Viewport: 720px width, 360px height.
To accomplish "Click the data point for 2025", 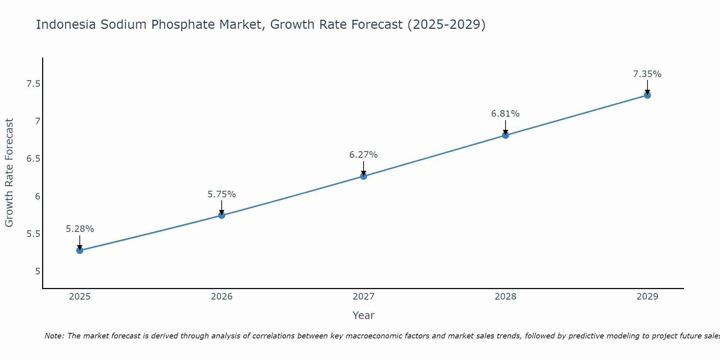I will [80, 250].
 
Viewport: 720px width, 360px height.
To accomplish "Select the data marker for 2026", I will [222, 215].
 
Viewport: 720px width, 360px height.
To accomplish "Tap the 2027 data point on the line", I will [364, 176].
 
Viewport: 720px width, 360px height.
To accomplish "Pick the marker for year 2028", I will [505, 135].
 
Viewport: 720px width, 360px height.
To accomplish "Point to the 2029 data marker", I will [647, 95].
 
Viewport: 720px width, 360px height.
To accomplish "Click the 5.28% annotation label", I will [80, 229].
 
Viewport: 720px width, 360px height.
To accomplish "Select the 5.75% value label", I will [222, 194].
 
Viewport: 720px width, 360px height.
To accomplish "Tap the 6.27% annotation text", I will [364, 155].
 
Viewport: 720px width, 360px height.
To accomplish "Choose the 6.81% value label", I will [505, 114].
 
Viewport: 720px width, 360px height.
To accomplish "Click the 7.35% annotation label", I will [647, 74].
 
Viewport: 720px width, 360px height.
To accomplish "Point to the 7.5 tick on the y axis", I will [33, 84].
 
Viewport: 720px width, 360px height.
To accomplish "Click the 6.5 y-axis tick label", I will [33, 159].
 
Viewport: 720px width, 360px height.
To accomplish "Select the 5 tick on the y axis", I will [38, 271].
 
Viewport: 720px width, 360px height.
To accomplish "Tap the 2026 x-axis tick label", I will [222, 297].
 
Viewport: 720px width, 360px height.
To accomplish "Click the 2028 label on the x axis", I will [505, 297].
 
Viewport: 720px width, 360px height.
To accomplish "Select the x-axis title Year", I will [364, 315].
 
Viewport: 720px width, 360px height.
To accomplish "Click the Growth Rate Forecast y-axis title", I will [9, 173].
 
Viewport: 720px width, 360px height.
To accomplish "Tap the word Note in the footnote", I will [54, 336].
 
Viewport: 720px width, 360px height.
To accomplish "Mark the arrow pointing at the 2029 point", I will [647, 87].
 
